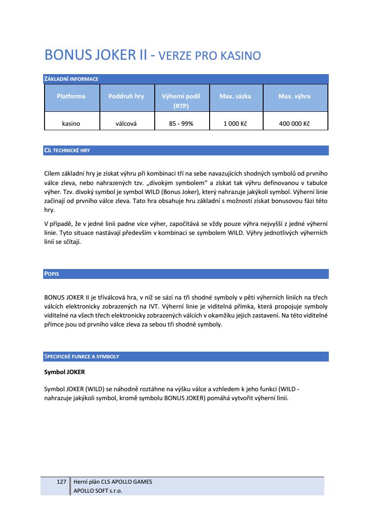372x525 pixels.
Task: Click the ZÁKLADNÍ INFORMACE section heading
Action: [71, 79]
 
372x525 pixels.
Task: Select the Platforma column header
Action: [71, 96]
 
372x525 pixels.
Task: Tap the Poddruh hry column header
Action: [126, 96]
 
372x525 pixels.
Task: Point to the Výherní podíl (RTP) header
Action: [181, 101]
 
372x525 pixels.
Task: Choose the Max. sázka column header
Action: [235, 96]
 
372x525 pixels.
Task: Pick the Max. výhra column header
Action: [294, 96]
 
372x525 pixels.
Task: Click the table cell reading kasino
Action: [71, 124]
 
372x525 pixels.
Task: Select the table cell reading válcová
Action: [126, 124]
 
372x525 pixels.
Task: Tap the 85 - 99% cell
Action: [181, 124]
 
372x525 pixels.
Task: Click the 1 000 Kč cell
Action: [235, 124]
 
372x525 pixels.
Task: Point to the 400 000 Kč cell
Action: [294, 124]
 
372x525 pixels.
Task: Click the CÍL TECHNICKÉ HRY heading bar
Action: [67, 150]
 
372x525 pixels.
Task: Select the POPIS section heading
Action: [52, 274]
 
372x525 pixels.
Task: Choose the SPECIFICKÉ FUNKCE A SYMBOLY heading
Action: [81, 357]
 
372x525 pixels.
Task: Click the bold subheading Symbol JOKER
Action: [64, 372]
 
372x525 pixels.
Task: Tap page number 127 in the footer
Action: [62, 482]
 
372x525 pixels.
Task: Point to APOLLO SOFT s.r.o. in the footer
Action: [98, 491]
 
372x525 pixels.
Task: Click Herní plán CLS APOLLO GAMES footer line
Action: [112, 482]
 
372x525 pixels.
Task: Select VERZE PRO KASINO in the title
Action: [210, 56]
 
